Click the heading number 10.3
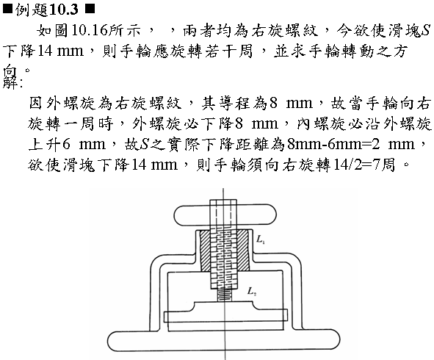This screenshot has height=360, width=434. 64,10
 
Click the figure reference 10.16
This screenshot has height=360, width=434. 90,30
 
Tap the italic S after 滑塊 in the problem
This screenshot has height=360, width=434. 426,30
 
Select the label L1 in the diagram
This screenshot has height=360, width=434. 261,239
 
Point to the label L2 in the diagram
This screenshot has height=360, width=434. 252,292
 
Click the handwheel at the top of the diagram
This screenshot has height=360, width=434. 225,215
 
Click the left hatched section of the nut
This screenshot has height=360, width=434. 206,251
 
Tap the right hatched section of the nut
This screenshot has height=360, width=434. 243,251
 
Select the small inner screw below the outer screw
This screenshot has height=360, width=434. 224,295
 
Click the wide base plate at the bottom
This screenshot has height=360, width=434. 224,341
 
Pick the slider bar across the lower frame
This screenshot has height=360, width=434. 225,316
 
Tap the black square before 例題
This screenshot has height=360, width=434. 7,9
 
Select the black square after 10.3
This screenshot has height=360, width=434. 90,9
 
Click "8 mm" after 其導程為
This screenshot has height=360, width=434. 291,103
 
